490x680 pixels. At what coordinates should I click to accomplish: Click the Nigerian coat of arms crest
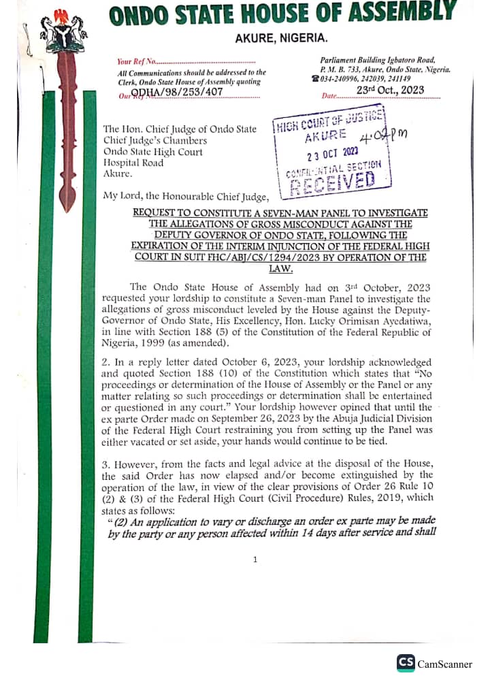point(64,31)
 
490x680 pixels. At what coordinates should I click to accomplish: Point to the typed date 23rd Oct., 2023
point(390,90)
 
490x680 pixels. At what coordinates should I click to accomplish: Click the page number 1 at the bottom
point(255,560)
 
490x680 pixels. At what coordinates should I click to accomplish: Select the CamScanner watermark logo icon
point(406,663)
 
